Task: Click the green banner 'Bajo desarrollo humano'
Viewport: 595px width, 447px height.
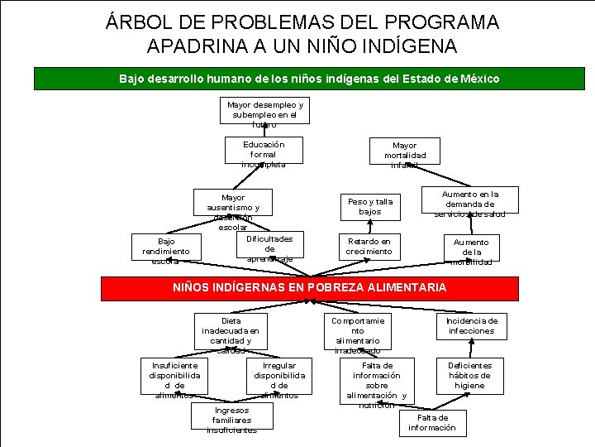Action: (x=309, y=79)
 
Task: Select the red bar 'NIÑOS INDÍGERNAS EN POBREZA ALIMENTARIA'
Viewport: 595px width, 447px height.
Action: (x=309, y=287)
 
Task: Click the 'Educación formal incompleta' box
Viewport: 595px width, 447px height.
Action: (x=264, y=153)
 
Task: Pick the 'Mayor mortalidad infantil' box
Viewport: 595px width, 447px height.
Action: (x=405, y=154)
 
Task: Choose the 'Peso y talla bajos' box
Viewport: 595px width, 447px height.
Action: (x=369, y=206)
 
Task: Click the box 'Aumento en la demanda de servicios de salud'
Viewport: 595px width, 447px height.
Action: (x=469, y=203)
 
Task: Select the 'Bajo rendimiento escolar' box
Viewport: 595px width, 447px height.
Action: (x=165, y=250)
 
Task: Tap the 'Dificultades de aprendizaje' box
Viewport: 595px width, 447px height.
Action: (x=269, y=248)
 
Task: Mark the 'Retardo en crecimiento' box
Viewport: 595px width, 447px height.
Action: (x=369, y=246)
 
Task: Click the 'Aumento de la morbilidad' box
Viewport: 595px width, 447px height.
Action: (x=471, y=251)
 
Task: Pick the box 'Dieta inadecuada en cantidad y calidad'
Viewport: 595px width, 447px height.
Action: (x=231, y=334)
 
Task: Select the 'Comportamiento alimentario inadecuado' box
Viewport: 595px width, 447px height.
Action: (x=358, y=334)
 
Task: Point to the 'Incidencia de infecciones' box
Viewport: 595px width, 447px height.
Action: (x=471, y=325)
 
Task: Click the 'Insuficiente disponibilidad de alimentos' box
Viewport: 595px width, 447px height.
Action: (x=174, y=379)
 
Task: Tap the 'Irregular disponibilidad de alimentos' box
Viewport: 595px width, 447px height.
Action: (x=279, y=379)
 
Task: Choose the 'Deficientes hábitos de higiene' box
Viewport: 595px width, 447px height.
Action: (x=469, y=375)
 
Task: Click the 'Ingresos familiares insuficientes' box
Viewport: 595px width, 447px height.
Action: (x=231, y=420)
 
